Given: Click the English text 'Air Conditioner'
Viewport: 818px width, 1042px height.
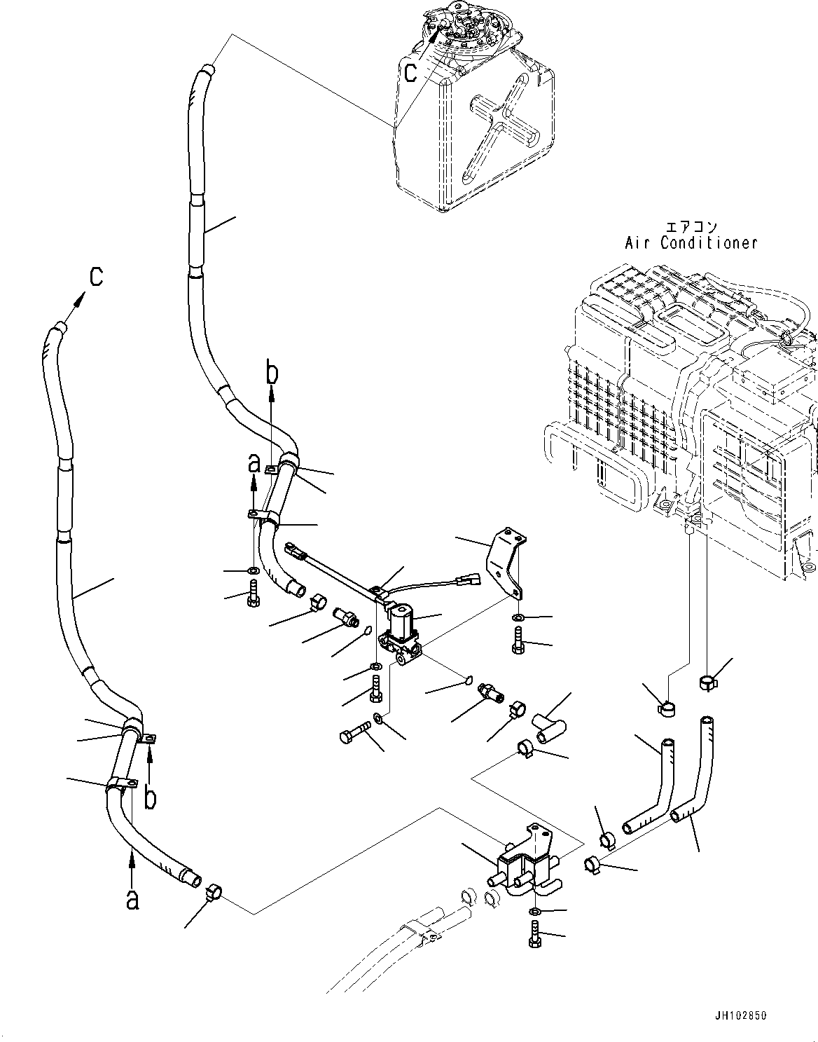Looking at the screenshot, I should tap(691, 243).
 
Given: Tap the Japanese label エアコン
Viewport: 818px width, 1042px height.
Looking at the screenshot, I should tap(691, 227).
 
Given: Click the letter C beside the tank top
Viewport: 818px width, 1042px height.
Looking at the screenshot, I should tap(412, 71).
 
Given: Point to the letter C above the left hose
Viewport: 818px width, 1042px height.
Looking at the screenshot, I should tap(95, 277).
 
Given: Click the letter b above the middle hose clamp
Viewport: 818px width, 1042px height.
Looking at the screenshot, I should tap(271, 373).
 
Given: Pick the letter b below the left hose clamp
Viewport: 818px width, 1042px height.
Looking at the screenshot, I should tap(149, 797).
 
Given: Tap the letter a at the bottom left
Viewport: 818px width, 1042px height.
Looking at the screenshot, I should tap(132, 899).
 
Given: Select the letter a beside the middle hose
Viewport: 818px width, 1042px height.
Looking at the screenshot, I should tap(254, 463).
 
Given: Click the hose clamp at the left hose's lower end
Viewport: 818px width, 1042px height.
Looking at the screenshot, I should tap(214, 893).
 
